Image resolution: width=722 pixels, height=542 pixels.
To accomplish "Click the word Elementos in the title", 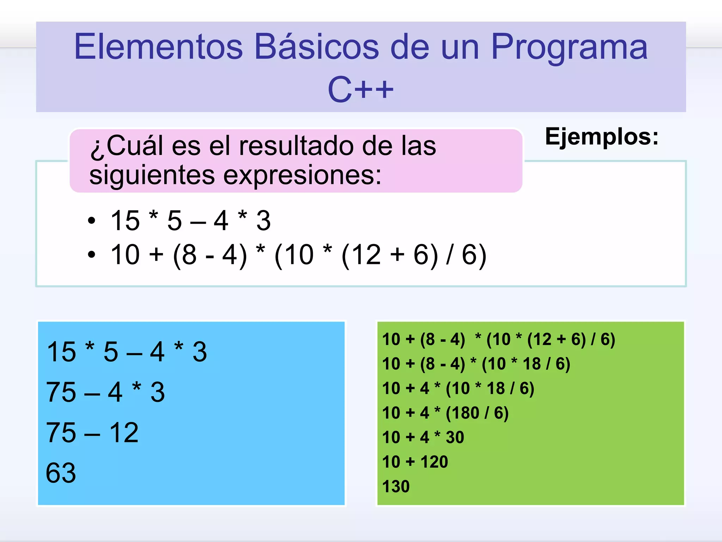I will click(159, 47).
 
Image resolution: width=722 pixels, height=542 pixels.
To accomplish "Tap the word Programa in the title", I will click(569, 47).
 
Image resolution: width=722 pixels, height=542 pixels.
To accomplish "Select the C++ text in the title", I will click(360, 90).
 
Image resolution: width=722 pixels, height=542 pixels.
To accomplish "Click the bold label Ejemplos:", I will click(601, 137).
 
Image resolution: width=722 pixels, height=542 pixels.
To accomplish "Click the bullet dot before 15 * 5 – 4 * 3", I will click(92, 221).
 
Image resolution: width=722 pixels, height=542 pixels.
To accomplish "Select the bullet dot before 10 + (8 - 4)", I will click(92, 254).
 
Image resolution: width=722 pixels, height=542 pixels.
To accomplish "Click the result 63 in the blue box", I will click(61, 473).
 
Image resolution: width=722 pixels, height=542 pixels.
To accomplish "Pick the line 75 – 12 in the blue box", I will click(92, 433).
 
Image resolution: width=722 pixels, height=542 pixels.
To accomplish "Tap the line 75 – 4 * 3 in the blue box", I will click(105, 392).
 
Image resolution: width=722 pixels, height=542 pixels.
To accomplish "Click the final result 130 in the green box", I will click(396, 487).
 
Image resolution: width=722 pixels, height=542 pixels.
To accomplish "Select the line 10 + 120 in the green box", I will click(415, 462).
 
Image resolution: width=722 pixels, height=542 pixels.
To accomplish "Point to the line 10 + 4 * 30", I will click(423, 438).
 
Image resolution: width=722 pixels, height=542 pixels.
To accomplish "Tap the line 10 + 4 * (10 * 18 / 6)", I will click(458, 389).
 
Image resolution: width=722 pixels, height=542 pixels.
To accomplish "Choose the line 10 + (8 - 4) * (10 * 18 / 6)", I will click(476, 364).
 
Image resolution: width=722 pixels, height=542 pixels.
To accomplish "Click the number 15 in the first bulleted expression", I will click(125, 221).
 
